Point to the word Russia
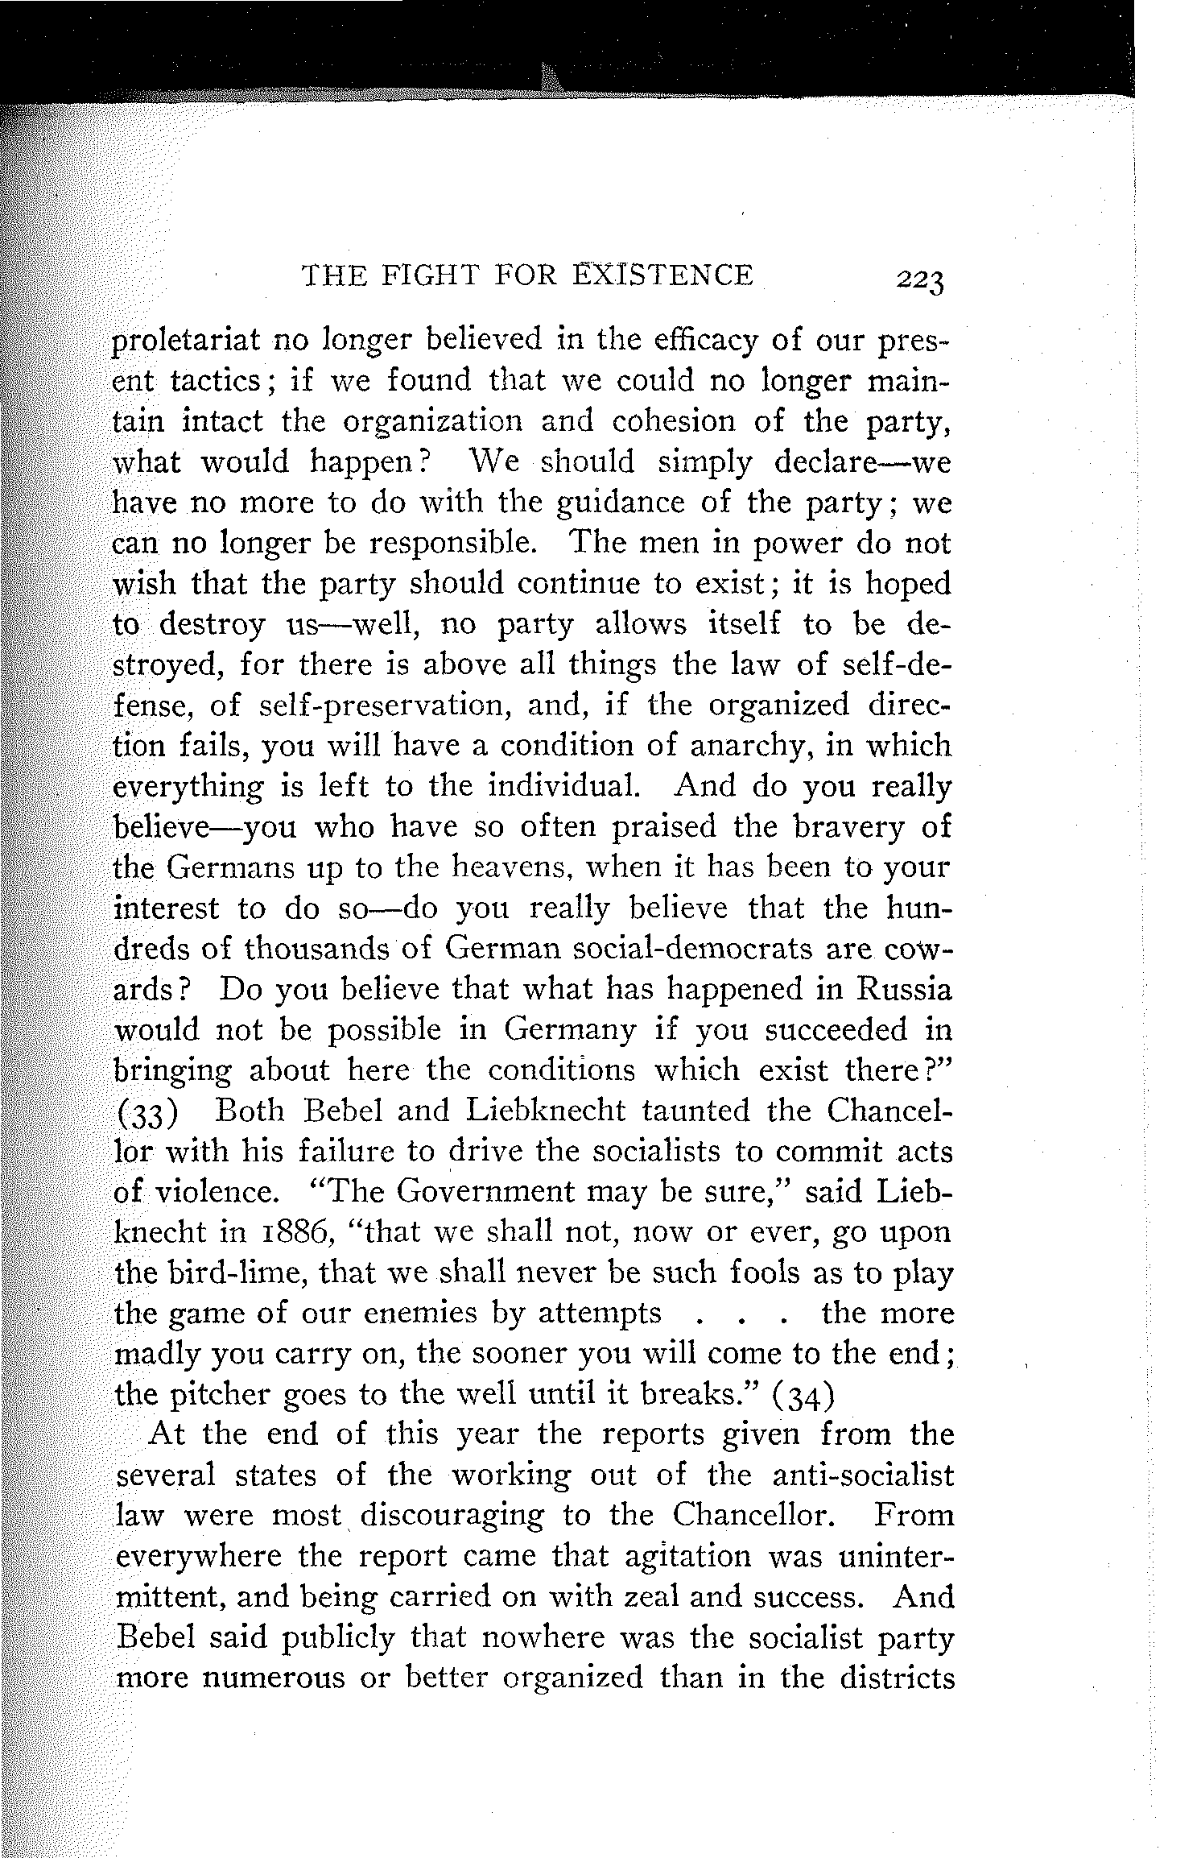click(904, 989)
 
